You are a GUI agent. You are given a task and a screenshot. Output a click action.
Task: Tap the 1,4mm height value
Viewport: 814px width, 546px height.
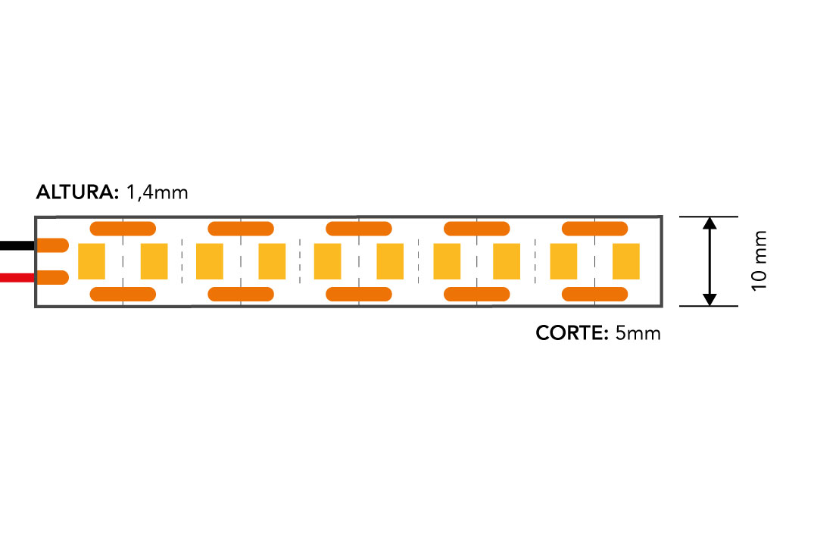(x=157, y=192)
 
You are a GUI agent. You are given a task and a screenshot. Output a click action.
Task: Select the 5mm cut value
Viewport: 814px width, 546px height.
(x=638, y=332)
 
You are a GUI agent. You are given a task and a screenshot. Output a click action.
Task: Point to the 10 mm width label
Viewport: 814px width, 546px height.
(x=759, y=261)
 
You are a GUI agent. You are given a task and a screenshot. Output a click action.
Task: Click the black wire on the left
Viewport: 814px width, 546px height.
(x=17, y=245)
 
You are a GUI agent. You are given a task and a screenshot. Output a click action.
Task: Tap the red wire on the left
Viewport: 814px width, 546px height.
(x=17, y=278)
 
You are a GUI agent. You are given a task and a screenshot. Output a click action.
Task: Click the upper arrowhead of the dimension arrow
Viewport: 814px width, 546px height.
(x=710, y=223)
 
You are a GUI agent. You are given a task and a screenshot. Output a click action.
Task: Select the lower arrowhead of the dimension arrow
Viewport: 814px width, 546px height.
(x=710, y=299)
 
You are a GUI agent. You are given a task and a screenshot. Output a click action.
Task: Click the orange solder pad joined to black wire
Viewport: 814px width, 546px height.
(x=52, y=245)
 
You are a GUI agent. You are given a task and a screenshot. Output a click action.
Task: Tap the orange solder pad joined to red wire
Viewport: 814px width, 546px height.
(x=52, y=278)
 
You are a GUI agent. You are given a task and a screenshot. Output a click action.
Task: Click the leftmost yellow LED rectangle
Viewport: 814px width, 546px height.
(x=92, y=261)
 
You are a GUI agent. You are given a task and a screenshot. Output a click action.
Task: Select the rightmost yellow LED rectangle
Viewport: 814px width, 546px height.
(x=626, y=261)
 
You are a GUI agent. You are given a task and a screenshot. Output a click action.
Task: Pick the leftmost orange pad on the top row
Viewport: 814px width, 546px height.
(x=123, y=229)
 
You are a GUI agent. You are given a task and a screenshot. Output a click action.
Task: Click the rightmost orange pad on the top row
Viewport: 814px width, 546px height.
(x=595, y=229)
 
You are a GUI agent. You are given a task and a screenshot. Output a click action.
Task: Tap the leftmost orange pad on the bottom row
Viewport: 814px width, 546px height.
(x=123, y=295)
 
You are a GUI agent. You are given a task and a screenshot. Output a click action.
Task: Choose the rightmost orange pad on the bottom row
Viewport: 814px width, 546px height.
(x=595, y=295)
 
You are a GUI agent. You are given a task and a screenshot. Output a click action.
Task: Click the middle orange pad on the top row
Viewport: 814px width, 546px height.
(x=359, y=229)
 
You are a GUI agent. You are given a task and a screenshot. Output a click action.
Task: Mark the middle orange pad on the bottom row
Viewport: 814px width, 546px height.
(x=359, y=295)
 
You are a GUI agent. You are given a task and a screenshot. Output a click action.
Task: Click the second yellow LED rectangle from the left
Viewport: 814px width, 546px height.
(x=154, y=261)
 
